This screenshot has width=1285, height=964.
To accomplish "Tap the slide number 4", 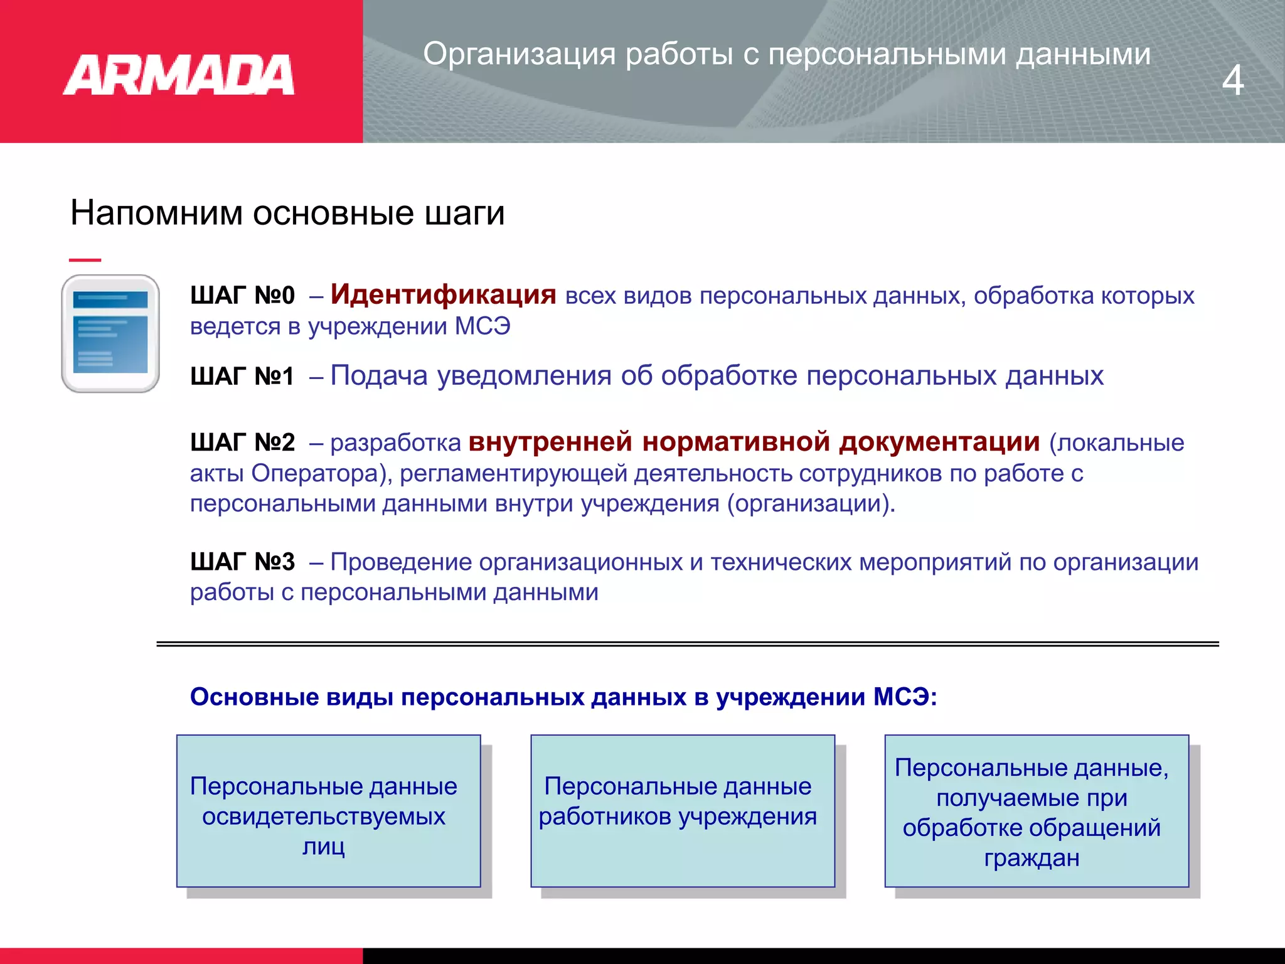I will tap(1232, 80).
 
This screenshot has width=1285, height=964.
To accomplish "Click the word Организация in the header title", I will tap(519, 54).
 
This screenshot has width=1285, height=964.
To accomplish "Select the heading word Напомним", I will tap(156, 213).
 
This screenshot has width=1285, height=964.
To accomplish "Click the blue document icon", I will tap(110, 333).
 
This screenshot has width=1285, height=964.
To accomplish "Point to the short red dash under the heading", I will tap(85, 260).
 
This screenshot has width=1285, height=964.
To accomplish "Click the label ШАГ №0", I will tap(242, 296).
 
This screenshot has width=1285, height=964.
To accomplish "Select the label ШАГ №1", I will tap(242, 377).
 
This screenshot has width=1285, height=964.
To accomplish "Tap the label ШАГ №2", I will tap(242, 443).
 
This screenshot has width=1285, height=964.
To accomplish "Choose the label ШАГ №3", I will tap(242, 562).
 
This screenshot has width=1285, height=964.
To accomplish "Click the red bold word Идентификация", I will tap(443, 294).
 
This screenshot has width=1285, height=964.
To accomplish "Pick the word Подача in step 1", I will tap(379, 376).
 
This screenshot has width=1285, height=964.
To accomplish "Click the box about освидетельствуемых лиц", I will tap(328, 811).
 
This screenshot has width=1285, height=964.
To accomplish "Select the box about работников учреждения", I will tap(682, 811).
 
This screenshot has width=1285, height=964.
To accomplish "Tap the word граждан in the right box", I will tap(1032, 858).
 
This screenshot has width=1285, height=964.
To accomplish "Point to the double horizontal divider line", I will tap(687, 644).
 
